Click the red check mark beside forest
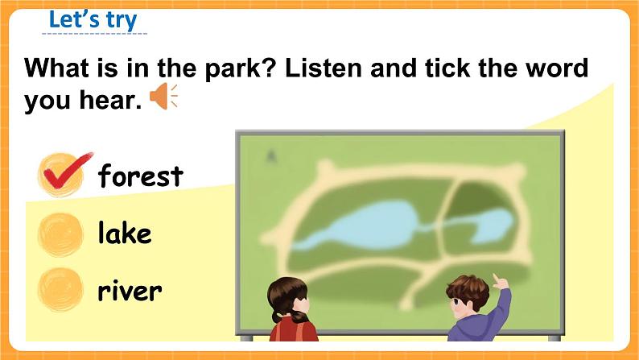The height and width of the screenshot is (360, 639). pyautogui.click(x=65, y=172)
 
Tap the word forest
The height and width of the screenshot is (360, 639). pyautogui.click(x=141, y=176)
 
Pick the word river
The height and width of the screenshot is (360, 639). pyautogui.click(x=130, y=290)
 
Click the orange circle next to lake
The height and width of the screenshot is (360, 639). pyautogui.click(x=60, y=235)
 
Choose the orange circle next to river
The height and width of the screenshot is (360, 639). pyautogui.click(x=60, y=290)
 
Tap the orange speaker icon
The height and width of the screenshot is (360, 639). pyautogui.click(x=164, y=96)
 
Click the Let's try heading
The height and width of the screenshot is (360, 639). pyautogui.click(x=93, y=19)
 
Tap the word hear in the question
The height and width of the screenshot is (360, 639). pyautogui.click(x=110, y=100)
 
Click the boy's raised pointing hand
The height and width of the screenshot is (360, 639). pyautogui.click(x=500, y=282)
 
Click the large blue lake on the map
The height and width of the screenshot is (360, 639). pyautogui.click(x=359, y=226)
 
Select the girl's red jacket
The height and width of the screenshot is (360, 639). pyautogui.click(x=294, y=329)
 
